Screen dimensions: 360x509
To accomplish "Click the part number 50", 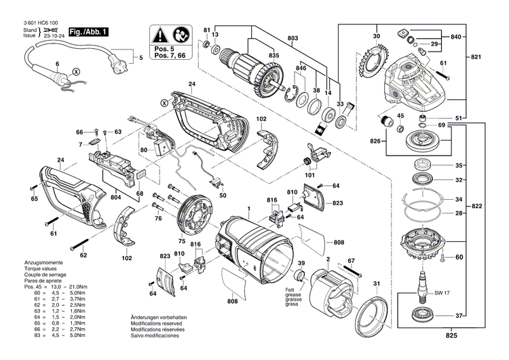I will click(x=223, y=195).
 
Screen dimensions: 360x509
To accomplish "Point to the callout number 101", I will click(x=311, y=175).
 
